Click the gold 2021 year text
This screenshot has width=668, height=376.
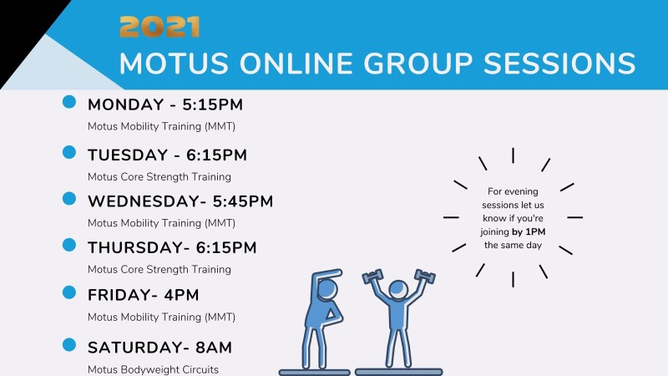(159, 27)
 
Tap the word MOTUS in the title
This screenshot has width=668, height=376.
(172, 64)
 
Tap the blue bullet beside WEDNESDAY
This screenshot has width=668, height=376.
(70, 199)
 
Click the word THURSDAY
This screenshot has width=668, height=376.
(130, 247)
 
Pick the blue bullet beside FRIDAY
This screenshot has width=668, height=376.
(70, 292)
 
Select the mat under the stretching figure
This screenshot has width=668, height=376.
(314, 371)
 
